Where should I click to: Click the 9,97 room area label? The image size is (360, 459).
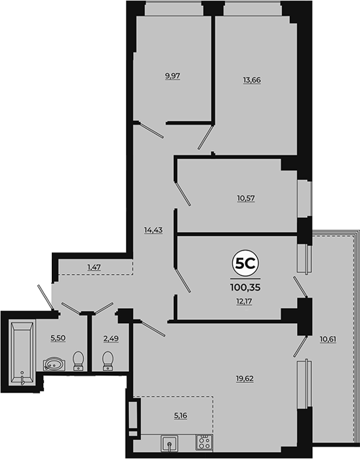[172, 76]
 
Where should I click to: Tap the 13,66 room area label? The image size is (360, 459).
[252, 80]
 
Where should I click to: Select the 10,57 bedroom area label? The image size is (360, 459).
[246, 198]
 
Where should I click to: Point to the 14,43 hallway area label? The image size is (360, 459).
[153, 230]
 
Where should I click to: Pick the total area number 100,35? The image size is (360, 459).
[245, 287]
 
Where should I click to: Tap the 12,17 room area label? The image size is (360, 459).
[245, 301]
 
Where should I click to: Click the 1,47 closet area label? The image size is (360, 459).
[94, 267]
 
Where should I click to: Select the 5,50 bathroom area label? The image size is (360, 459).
[58, 338]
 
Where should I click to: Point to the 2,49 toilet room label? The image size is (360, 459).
[111, 338]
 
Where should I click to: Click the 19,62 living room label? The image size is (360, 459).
[245, 379]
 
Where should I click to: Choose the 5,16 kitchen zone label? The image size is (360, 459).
[180, 415]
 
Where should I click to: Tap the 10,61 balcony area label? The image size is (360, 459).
[328, 339]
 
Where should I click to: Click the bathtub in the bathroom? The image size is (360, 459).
[22, 353]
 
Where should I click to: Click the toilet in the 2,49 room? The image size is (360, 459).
[108, 361]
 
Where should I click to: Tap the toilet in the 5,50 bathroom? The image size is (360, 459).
[78, 361]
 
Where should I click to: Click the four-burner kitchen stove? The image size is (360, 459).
[205, 443]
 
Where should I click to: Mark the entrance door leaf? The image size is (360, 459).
[45, 297]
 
